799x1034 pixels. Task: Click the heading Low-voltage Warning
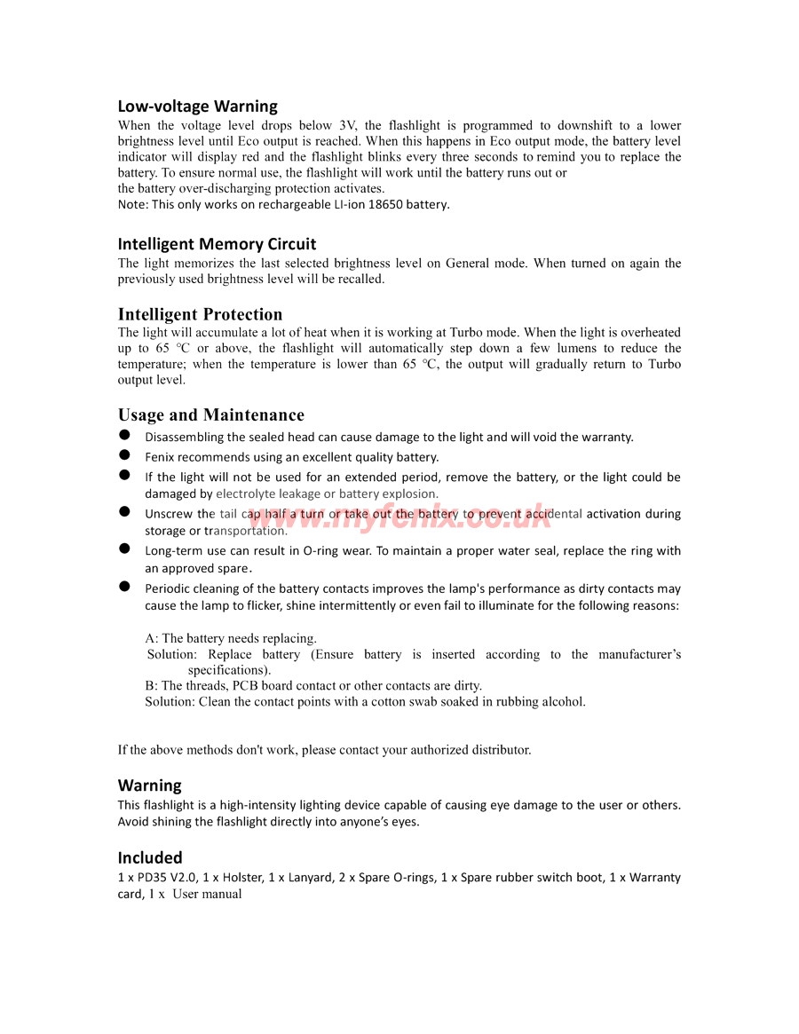point(197,107)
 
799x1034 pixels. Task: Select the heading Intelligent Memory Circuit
point(217,244)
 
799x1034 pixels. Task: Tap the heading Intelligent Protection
point(200,314)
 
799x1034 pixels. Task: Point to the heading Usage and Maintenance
point(210,414)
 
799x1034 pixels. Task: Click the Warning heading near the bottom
point(149,785)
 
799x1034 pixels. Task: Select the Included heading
point(150,857)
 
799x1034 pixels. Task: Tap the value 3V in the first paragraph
point(346,126)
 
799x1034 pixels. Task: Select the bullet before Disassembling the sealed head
point(125,435)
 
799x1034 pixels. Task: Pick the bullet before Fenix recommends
point(125,455)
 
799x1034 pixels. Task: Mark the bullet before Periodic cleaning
point(125,587)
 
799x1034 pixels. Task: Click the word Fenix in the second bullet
point(160,457)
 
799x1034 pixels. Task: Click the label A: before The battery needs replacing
point(152,638)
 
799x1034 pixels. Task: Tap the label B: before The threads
point(152,685)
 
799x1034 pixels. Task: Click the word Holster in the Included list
point(242,878)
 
